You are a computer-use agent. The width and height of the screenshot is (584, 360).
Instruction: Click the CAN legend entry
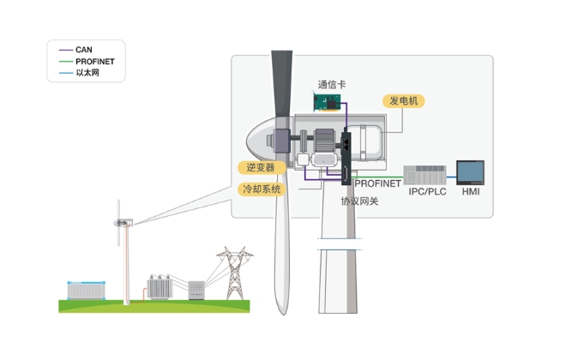point(75,50)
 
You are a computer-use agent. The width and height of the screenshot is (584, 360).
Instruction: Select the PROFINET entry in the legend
point(87,62)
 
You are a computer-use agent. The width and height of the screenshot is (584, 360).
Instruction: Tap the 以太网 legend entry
point(79,73)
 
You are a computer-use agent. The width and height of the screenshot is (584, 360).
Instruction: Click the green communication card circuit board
point(327,102)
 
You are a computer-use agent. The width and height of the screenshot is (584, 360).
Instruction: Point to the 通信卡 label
point(332,85)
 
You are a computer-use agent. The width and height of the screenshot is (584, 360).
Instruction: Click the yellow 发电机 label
point(404,101)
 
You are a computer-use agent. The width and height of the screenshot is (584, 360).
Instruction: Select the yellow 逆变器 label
point(261,167)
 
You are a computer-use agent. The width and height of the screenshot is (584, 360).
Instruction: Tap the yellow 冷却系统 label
point(262,189)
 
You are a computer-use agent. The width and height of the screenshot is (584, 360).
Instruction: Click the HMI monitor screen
point(471,173)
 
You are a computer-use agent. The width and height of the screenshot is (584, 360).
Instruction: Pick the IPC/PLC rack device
point(424,175)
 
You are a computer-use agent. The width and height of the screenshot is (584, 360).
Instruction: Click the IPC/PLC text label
point(427,192)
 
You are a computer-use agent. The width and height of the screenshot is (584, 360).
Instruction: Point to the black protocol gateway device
point(346,156)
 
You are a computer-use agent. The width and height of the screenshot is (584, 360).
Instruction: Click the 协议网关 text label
point(359,201)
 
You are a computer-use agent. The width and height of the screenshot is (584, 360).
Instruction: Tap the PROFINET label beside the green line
point(377,183)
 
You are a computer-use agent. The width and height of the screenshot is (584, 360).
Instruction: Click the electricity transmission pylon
point(235,273)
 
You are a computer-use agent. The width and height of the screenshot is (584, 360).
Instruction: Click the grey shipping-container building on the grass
point(86,291)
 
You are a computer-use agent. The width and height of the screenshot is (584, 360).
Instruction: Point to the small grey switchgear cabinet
point(196,291)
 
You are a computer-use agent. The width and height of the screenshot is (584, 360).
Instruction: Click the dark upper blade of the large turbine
point(281,84)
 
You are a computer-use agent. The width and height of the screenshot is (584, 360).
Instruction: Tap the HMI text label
point(471,192)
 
